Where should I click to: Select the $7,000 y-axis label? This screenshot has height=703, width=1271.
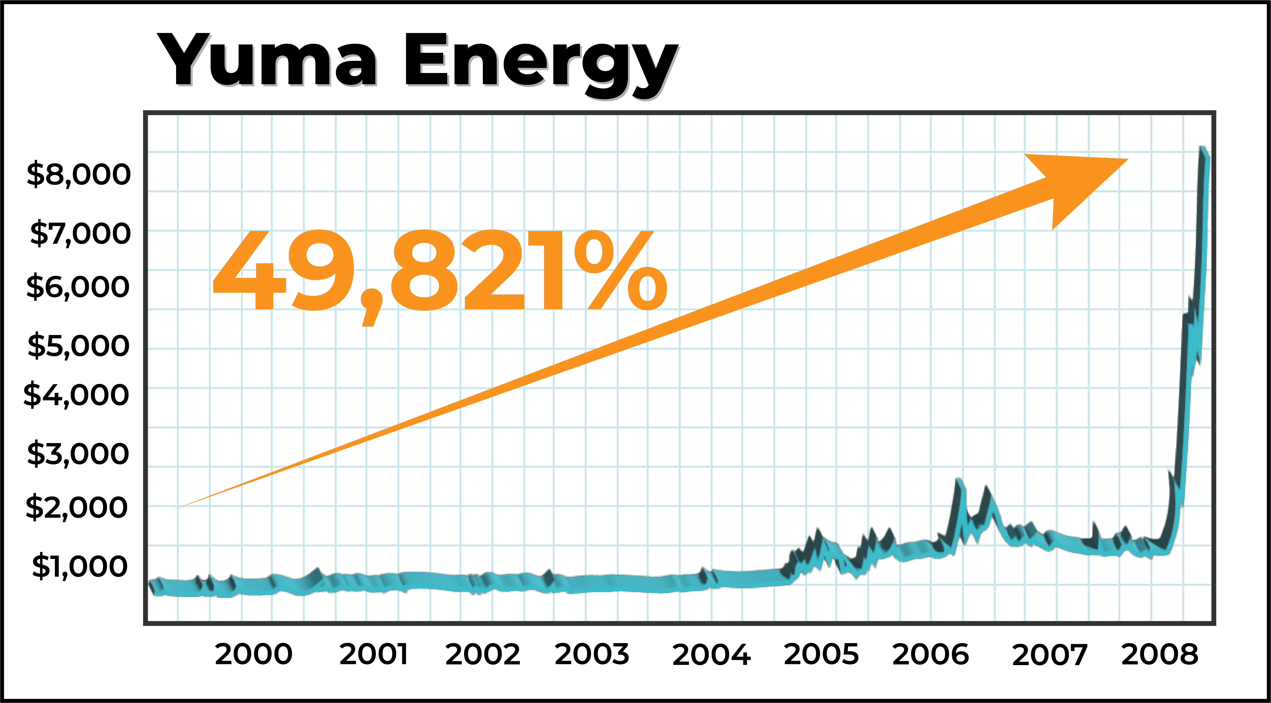coord(80,234)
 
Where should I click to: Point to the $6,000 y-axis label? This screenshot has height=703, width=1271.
coord(78,287)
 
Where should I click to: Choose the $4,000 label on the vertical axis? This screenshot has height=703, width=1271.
coord(77,395)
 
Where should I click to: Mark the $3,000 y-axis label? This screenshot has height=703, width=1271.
coord(78,454)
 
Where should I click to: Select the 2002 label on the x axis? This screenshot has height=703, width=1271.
coord(483,655)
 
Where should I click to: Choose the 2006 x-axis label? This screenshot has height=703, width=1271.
coord(930,655)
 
